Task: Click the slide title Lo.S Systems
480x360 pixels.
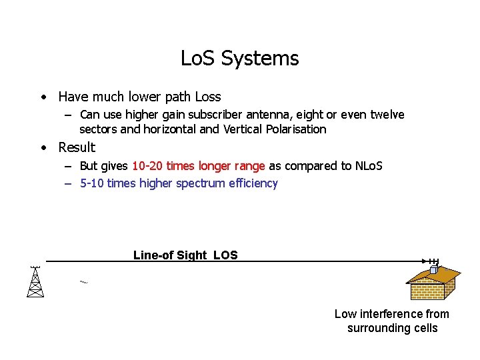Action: [x=239, y=59]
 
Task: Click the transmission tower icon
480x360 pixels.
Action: [x=35, y=281]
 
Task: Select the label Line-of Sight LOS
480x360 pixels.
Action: [x=185, y=255]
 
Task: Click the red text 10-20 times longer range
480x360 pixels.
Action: [x=198, y=166]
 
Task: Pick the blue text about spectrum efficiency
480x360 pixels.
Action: [x=178, y=183]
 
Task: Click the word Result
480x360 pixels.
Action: [x=77, y=147]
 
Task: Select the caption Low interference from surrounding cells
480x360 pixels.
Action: [x=392, y=321]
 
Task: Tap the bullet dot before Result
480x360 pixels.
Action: [x=43, y=148]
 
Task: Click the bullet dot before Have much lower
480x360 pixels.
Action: [x=43, y=97]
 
